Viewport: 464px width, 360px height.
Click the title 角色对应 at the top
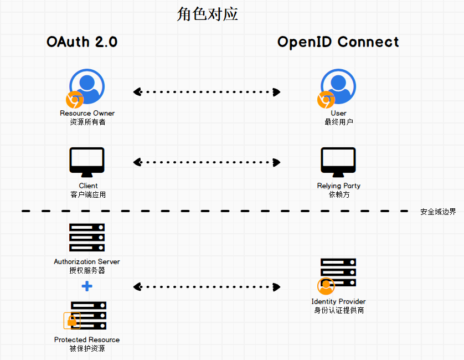(x=207, y=14)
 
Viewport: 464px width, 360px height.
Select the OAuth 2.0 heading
(x=82, y=42)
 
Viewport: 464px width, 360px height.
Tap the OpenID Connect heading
(x=338, y=42)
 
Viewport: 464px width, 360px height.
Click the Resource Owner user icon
(x=87, y=86)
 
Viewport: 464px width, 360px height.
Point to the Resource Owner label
(x=87, y=113)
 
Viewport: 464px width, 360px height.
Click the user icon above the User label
(x=338, y=86)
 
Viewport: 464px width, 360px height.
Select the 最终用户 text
(x=338, y=122)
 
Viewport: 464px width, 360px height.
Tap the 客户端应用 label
(x=87, y=194)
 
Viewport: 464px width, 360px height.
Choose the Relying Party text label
(x=338, y=186)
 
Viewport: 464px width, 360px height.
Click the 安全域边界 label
(x=438, y=212)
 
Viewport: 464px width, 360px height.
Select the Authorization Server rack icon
(x=87, y=238)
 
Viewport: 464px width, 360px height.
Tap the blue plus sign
(x=87, y=286)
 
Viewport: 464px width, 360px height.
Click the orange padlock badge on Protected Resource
(x=72, y=320)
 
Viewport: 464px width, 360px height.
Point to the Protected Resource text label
(x=87, y=340)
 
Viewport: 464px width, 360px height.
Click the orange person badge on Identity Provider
(x=326, y=286)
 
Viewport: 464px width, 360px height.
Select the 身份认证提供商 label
(x=338, y=310)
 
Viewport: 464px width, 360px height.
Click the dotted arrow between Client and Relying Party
(x=207, y=162)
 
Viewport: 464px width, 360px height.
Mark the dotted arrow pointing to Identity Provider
(x=207, y=287)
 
